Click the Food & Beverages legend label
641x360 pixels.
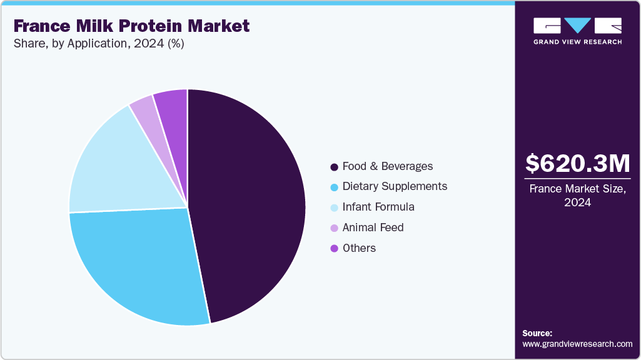(x=388, y=166)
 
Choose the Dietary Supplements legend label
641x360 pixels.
(x=395, y=186)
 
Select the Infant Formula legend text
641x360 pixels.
(x=378, y=207)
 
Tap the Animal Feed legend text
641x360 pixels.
(x=373, y=227)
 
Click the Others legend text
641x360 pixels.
(x=359, y=248)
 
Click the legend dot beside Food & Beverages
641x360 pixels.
(x=335, y=167)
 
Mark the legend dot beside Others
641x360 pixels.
(x=335, y=248)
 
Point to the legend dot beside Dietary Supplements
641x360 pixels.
(x=335, y=187)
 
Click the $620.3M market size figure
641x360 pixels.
(x=577, y=164)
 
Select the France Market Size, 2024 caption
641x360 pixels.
(x=577, y=195)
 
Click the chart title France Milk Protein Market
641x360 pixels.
(x=131, y=26)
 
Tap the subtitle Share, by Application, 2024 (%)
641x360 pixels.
(x=98, y=44)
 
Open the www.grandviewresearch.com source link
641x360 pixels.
(x=577, y=344)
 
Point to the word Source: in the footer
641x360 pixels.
(x=537, y=333)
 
